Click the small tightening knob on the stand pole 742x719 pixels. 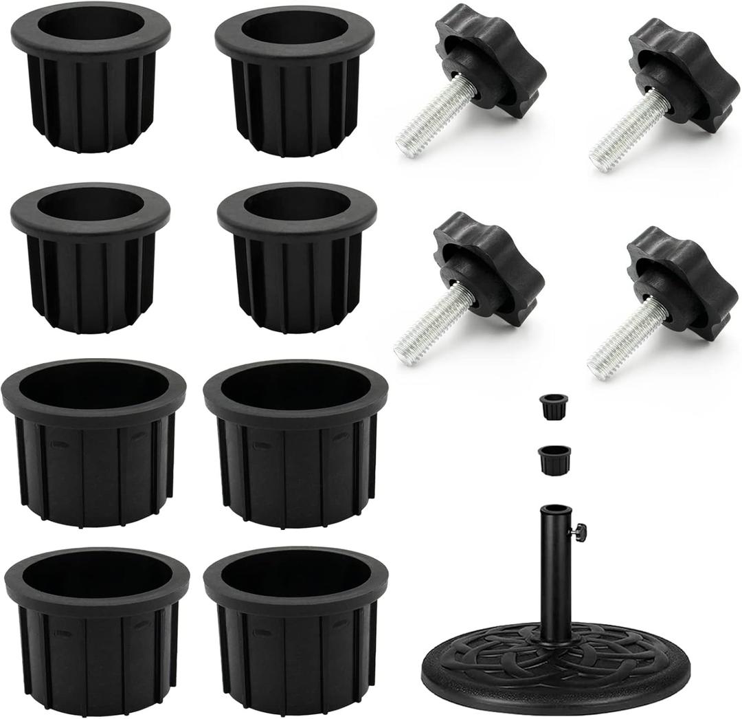[x=581, y=531]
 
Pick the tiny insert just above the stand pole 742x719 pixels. [x=554, y=458]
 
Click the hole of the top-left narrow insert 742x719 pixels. [x=91, y=25]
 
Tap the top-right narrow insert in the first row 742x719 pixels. [x=295, y=82]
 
